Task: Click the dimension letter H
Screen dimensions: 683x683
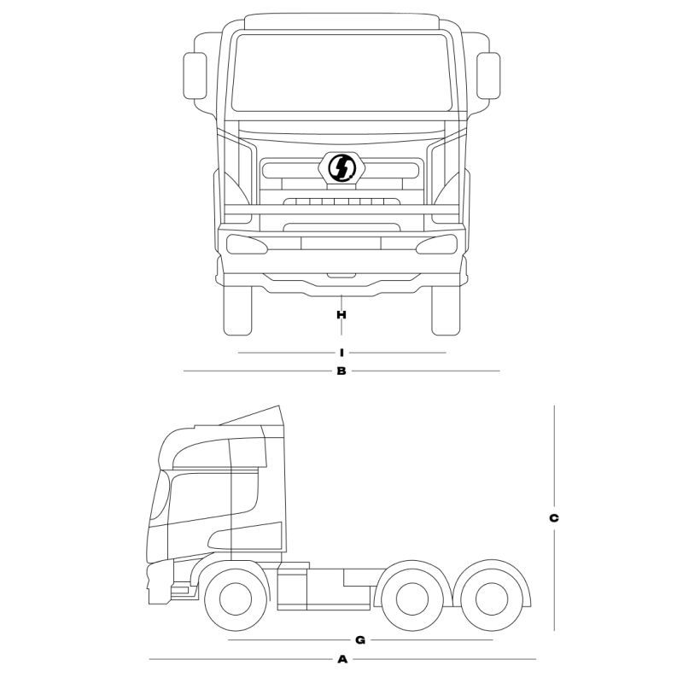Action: pos(341,314)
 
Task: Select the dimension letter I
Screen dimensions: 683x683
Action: pos(341,352)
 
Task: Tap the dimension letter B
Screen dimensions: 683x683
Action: pos(341,371)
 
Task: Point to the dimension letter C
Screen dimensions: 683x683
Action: pos(554,517)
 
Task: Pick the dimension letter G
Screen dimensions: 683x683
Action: pos(360,639)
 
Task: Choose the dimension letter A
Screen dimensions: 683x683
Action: pos(342,659)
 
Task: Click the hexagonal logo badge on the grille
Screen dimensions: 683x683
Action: pos(341,167)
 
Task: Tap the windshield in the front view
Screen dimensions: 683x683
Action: pos(341,73)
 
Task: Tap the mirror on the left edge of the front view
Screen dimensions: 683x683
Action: pos(196,76)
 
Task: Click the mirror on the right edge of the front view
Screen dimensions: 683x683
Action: pos(488,76)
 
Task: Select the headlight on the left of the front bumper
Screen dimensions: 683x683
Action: pos(248,244)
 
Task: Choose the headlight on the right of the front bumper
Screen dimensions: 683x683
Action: pos(435,244)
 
